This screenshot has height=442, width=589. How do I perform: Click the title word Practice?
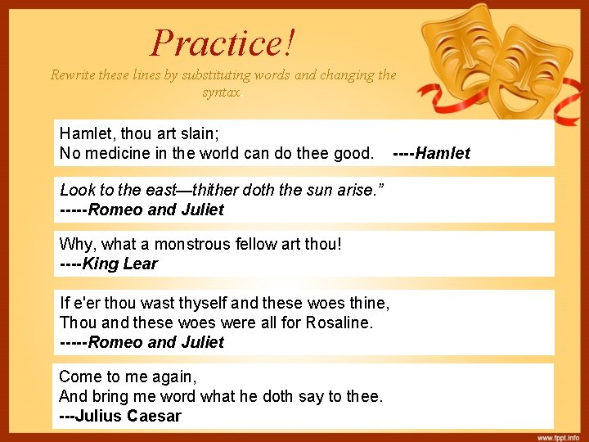[223, 43]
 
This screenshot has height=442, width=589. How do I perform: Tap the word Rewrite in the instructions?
[74, 75]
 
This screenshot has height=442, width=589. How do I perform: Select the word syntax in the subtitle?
[222, 92]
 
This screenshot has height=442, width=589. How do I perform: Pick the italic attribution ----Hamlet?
[431, 153]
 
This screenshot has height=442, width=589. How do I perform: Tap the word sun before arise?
[321, 190]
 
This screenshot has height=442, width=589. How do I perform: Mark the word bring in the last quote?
[111, 396]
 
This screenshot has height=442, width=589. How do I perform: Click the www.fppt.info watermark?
[558, 435]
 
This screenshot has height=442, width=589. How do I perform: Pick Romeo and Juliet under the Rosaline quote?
[155, 342]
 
